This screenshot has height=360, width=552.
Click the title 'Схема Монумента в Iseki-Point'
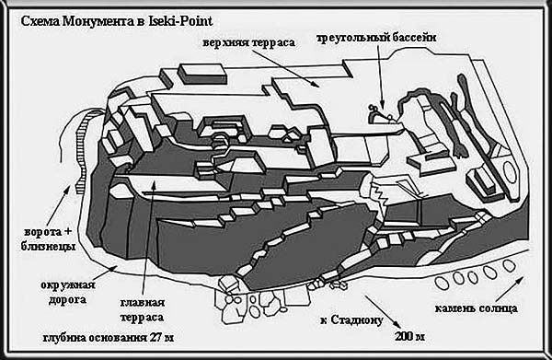click(117, 21)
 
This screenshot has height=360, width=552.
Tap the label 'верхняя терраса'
click(248, 43)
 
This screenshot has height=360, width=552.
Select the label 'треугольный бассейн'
click(376, 38)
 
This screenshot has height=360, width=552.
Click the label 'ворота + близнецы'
click(48, 239)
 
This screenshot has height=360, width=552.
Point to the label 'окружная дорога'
click(67, 292)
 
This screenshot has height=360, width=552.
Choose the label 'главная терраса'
click(143, 310)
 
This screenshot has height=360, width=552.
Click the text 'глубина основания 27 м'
click(109, 338)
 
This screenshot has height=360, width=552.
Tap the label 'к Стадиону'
click(351, 320)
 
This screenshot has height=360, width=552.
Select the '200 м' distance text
click(409, 337)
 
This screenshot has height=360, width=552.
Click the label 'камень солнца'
click(476, 309)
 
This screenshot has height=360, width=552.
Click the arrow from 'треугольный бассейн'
click(380, 76)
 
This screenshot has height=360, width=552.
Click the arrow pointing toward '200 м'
click(383, 312)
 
